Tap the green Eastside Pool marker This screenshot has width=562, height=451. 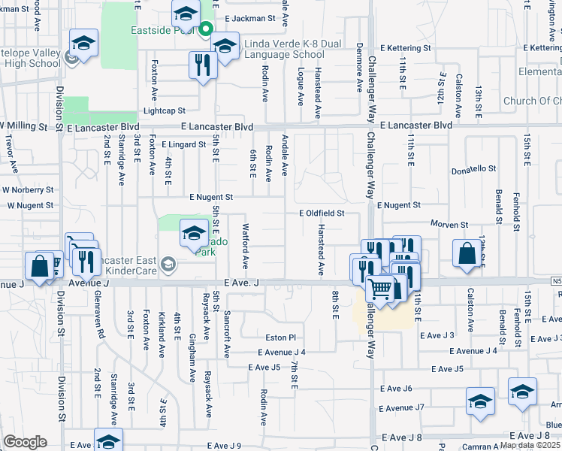[x=207, y=30]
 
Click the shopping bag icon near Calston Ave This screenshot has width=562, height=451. [x=467, y=255]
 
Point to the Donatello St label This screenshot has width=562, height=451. [x=474, y=169]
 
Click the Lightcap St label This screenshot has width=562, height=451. [x=164, y=110]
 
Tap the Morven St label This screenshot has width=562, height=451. [x=449, y=225]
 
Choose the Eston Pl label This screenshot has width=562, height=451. [x=281, y=337]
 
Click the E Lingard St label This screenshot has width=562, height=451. [x=183, y=144]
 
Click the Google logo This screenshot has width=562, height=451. [x=25, y=442]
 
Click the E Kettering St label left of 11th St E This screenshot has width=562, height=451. [x=404, y=47]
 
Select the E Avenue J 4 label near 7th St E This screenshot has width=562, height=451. [x=281, y=352]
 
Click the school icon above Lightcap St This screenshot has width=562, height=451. [x=84, y=44]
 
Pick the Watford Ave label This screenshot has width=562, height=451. [x=245, y=246]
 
